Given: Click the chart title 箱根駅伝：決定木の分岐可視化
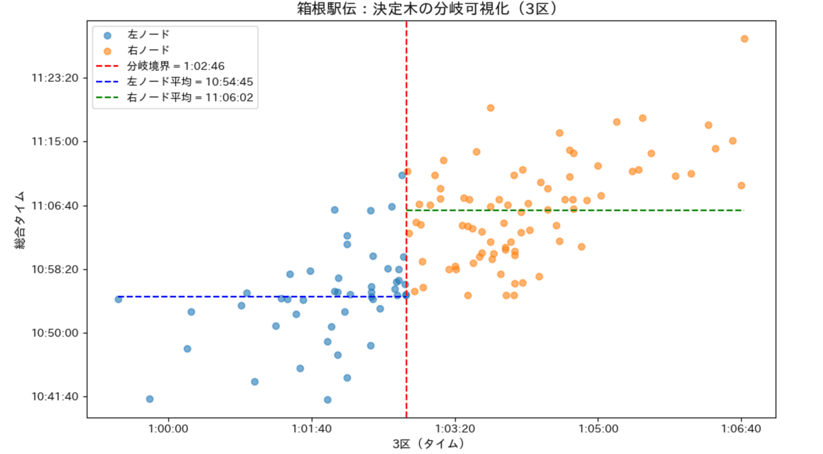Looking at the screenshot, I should click(x=430, y=9).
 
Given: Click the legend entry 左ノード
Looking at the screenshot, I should click(x=148, y=34).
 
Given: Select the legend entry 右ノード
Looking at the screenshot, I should click(x=148, y=50).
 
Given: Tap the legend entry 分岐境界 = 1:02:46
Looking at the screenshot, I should click(x=176, y=67).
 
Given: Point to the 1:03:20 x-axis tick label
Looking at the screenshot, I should click(x=455, y=429).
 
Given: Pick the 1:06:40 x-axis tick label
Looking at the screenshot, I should click(x=741, y=429).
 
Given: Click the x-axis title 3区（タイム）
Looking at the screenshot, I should click(x=431, y=444).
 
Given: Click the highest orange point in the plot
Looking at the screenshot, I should click(x=744, y=38).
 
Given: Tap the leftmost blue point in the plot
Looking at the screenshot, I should click(x=118, y=299).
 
